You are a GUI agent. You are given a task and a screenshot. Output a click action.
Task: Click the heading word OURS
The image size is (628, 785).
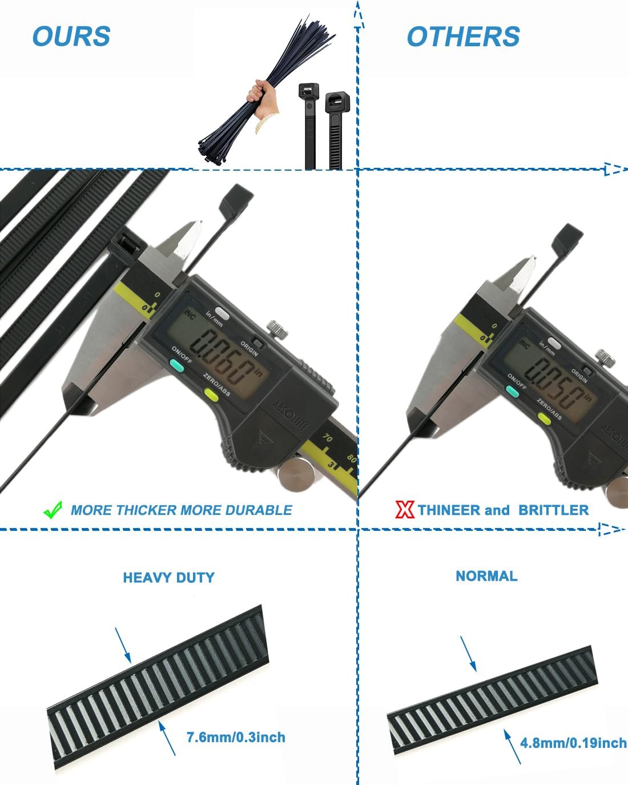(x=71, y=37)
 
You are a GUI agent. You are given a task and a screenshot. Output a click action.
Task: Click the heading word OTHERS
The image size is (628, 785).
(x=463, y=37)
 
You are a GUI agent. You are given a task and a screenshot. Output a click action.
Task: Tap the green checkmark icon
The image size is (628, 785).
(x=53, y=510)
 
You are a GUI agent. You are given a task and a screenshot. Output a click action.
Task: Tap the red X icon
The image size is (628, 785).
(x=404, y=509)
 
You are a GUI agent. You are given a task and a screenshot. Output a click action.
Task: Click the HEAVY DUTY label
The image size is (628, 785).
(x=168, y=577)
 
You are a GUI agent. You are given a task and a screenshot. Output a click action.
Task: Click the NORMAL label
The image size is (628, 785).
(x=486, y=575)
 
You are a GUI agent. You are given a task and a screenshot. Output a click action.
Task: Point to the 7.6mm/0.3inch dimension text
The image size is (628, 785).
(x=236, y=737)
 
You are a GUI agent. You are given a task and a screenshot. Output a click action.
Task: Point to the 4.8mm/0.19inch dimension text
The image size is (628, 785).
(x=573, y=743)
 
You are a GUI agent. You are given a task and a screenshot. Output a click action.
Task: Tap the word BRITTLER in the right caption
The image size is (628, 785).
(x=553, y=510)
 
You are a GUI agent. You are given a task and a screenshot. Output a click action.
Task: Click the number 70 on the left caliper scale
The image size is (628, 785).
(x=328, y=438)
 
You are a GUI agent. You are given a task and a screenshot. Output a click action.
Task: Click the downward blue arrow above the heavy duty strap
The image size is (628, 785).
(x=123, y=645)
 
